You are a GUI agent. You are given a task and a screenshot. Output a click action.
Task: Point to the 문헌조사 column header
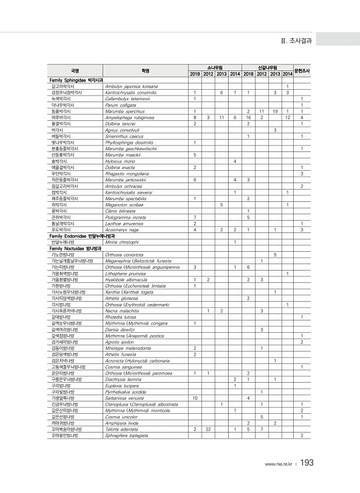pyautogui.click(x=301, y=70)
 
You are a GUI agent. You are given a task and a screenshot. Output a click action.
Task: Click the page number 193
pyautogui.click(x=307, y=463)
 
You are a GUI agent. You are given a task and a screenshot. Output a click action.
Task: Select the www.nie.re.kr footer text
pyautogui.click(x=279, y=464)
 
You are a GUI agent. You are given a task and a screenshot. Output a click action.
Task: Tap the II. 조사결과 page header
pyautogui.click(x=297, y=40)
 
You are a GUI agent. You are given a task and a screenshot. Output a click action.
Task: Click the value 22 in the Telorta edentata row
pyautogui.click(x=208, y=430)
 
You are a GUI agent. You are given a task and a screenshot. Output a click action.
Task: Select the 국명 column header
pyautogui.click(x=74, y=70)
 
